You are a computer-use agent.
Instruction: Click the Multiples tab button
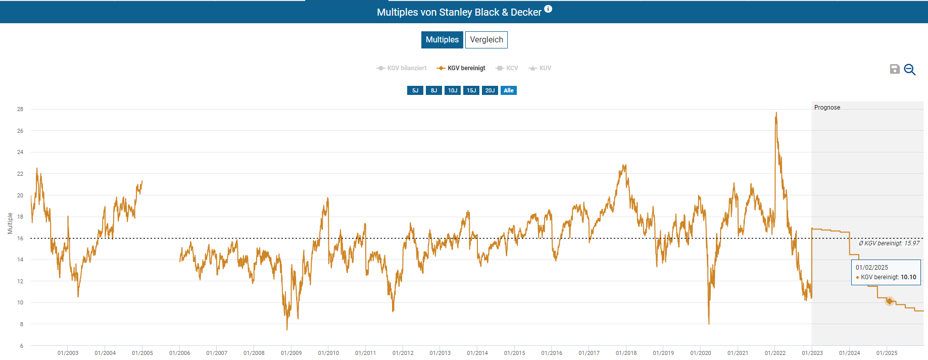click(442, 40)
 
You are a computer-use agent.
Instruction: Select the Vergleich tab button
click(486, 40)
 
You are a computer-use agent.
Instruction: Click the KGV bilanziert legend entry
click(402, 68)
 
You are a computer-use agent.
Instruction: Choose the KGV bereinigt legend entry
click(461, 68)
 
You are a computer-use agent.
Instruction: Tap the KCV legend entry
click(507, 68)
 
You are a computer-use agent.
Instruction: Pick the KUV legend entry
click(540, 68)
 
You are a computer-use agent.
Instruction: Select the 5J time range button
click(415, 90)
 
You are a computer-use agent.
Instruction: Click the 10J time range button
click(453, 90)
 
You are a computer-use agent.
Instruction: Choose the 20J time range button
click(490, 90)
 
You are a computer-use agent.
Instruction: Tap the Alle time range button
click(509, 90)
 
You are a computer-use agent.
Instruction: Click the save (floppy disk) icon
click(895, 69)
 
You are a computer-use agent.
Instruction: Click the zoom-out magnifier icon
click(910, 70)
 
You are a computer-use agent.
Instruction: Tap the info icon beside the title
click(548, 9)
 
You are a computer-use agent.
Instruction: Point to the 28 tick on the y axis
click(20, 109)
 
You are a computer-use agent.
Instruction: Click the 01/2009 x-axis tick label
click(291, 353)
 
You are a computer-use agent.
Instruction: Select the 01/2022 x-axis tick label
click(775, 353)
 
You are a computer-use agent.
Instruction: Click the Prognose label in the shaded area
click(827, 108)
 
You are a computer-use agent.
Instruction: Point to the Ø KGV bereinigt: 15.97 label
click(889, 243)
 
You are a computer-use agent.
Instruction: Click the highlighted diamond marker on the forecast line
click(890, 301)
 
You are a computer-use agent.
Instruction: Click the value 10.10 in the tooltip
click(908, 277)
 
